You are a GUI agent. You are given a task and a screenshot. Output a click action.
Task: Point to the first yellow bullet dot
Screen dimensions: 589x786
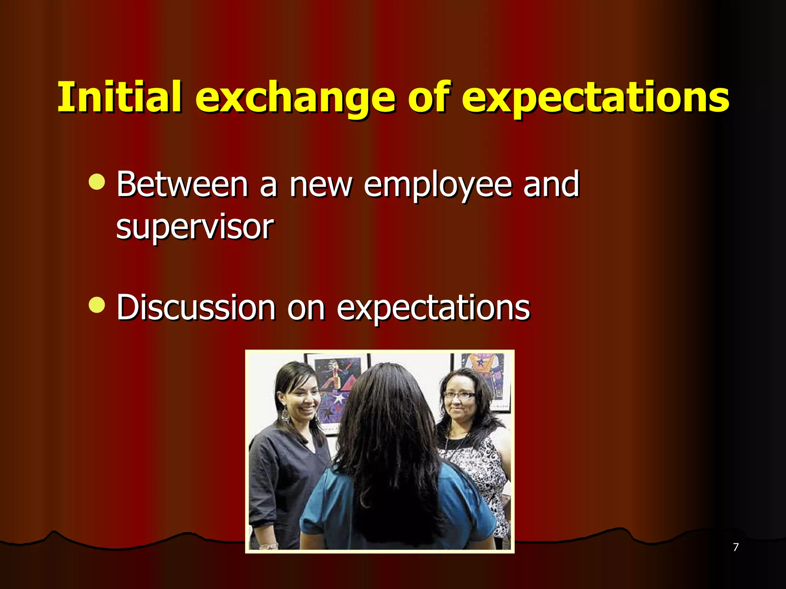pyautogui.click(x=96, y=182)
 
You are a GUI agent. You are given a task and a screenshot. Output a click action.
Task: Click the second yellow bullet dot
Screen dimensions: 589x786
pyautogui.click(x=96, y=305)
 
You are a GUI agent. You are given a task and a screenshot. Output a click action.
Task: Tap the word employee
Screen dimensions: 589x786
pyautogui.click(x=438, y=186)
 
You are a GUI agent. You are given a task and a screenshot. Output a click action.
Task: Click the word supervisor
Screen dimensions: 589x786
pyautogui.click(x=195, y=227)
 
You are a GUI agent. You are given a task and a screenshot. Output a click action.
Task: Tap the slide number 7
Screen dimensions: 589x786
pyautogui.click(x=735, y=547)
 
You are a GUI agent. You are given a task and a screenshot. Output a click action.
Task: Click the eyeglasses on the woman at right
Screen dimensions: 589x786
pyautogui.click(x=459, y=395)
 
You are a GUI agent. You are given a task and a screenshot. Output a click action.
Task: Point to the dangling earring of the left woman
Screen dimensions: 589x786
pyautogui.click(x=286, y=416)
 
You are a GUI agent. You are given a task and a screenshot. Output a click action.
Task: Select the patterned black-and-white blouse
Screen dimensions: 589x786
pyautogui.click(x=480, y=468)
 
